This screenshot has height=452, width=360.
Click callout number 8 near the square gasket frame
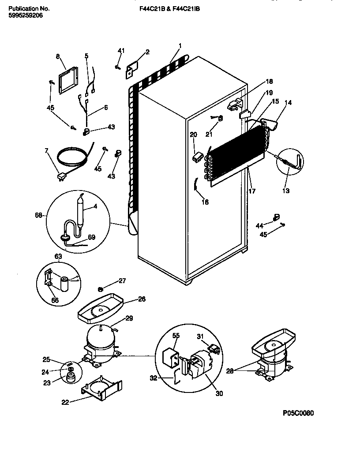[x=58, y=56]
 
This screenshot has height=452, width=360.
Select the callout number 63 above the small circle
[x=58, y=255]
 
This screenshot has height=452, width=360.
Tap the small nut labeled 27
[x=100, y=289]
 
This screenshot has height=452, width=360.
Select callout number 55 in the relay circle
[x=176, y=336]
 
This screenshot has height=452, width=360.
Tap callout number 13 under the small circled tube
[x=286, y=191]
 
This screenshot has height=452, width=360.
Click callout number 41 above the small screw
[x=120, y=51]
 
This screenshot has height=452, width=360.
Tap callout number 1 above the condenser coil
[x=180, y=45]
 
